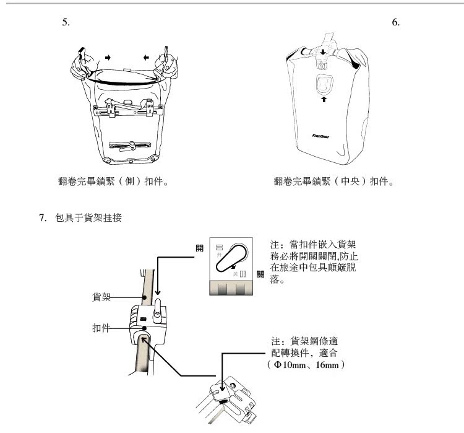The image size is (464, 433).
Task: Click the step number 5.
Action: click(66, 22)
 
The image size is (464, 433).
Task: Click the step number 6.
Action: click(397, 22)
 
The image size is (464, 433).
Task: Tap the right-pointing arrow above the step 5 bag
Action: click(109, 57)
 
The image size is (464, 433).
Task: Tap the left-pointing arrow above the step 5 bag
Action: click(146, 57)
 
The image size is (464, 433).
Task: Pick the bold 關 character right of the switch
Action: click(261, 273)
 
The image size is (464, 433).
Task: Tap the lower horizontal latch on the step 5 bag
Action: click(127, 146)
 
